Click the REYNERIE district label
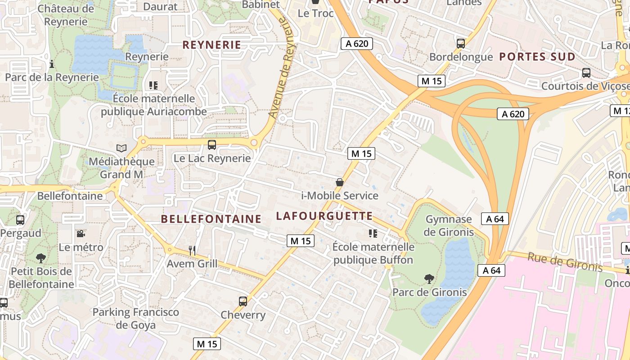211,45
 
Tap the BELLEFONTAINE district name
211,219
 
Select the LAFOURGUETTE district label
324,216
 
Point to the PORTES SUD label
537,57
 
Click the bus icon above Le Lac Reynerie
212,145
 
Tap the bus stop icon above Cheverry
243,301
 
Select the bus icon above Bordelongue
461,44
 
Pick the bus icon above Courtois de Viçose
586,72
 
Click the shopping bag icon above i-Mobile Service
340,182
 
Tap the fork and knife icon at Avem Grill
192,250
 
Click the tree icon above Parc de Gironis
429,279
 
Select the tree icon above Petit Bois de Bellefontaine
41,258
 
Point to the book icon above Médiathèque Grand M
121,148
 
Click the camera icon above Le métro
81,234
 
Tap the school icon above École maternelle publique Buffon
373,233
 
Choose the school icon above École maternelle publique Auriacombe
153,85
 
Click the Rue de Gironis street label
565,262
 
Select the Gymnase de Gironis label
449,225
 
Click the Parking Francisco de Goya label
136,318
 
